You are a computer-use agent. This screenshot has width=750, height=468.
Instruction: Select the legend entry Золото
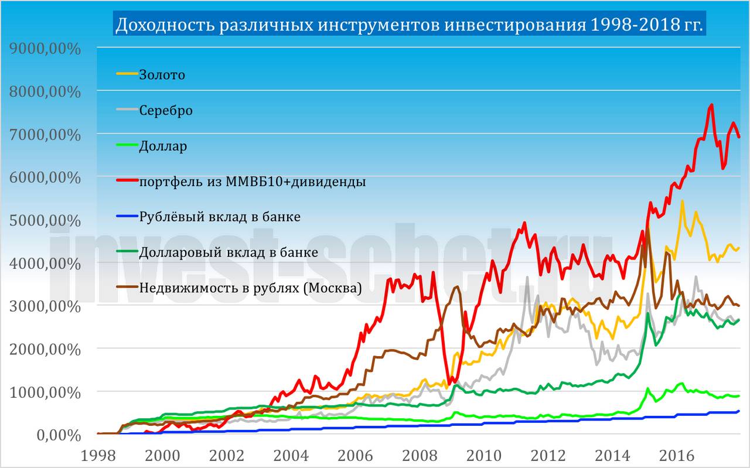[162, 75]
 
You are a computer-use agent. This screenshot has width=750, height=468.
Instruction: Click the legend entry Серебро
[166, 110]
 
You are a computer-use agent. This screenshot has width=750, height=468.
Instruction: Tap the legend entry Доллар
[163, 146]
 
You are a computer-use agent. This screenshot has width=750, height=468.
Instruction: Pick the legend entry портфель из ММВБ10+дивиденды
[253, 182]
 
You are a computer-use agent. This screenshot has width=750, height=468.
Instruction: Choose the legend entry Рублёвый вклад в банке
[220, 217]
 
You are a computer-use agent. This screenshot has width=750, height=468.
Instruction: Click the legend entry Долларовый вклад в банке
[229, 252]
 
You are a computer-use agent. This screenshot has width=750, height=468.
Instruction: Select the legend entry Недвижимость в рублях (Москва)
[251, 288]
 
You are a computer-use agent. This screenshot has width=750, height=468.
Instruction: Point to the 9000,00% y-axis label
[45, 48]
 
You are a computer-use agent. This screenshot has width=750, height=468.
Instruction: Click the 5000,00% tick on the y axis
[45, 220]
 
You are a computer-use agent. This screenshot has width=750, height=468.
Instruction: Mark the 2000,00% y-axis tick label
[45, 349]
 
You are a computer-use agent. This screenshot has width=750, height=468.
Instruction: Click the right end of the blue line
[738, 411]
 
